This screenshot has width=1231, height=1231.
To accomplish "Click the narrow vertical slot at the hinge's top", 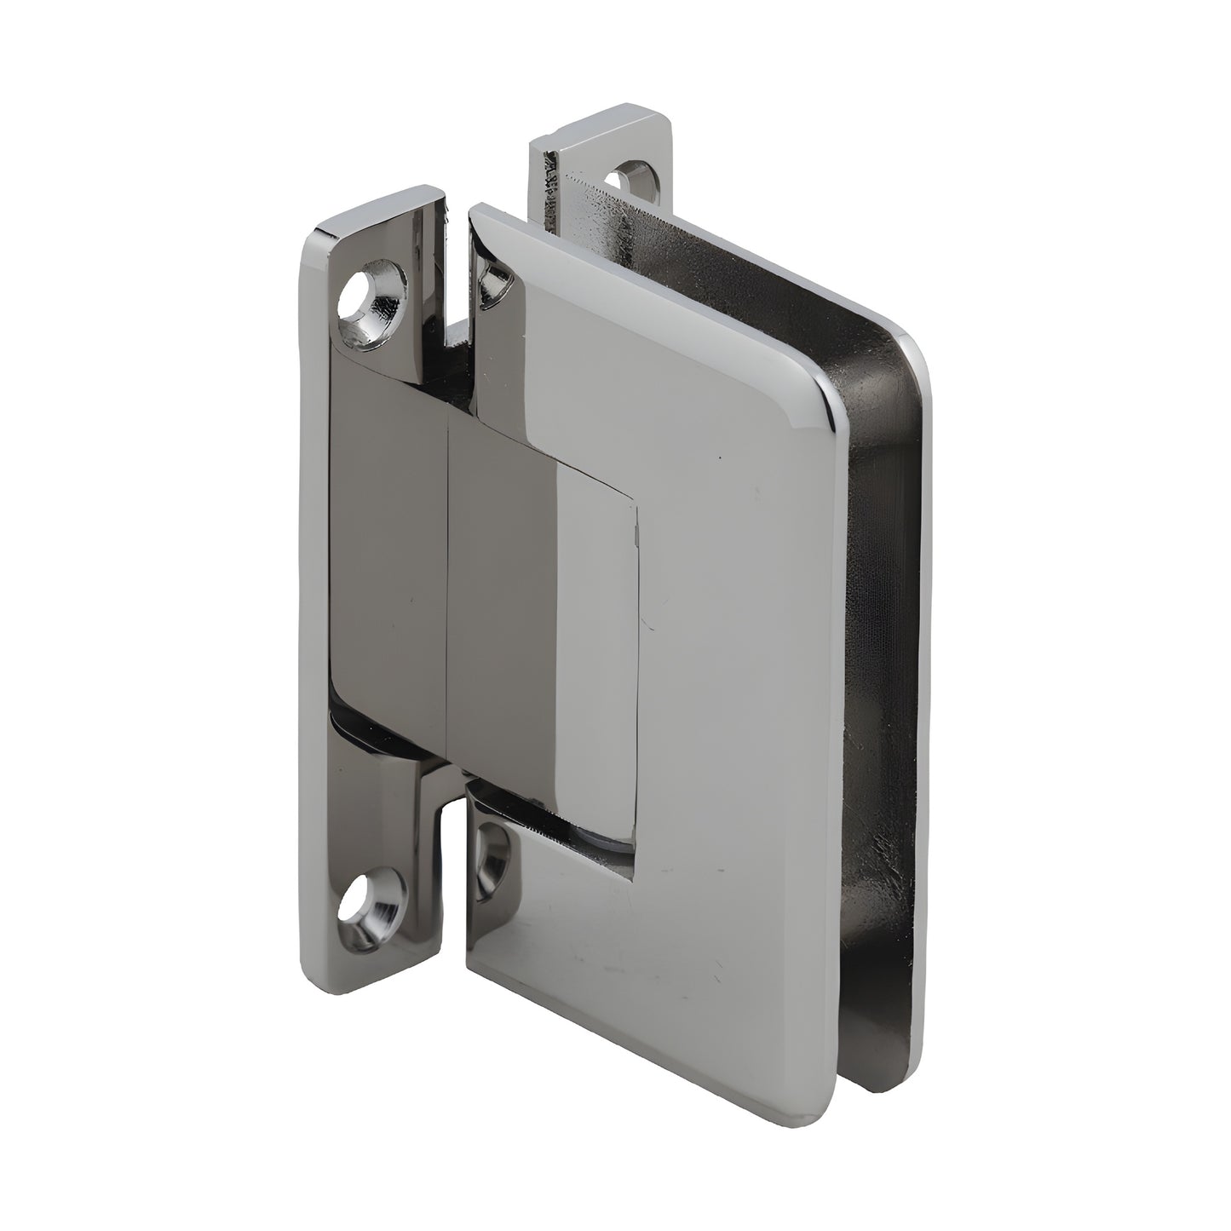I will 457,273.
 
